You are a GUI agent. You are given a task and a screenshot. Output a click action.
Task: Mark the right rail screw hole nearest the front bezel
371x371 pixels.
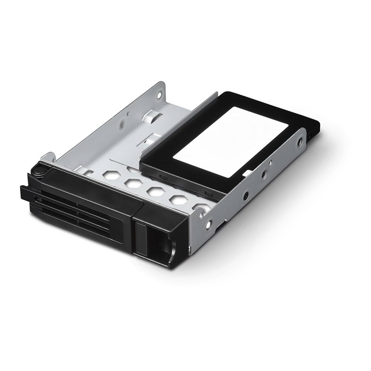[209, 224]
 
